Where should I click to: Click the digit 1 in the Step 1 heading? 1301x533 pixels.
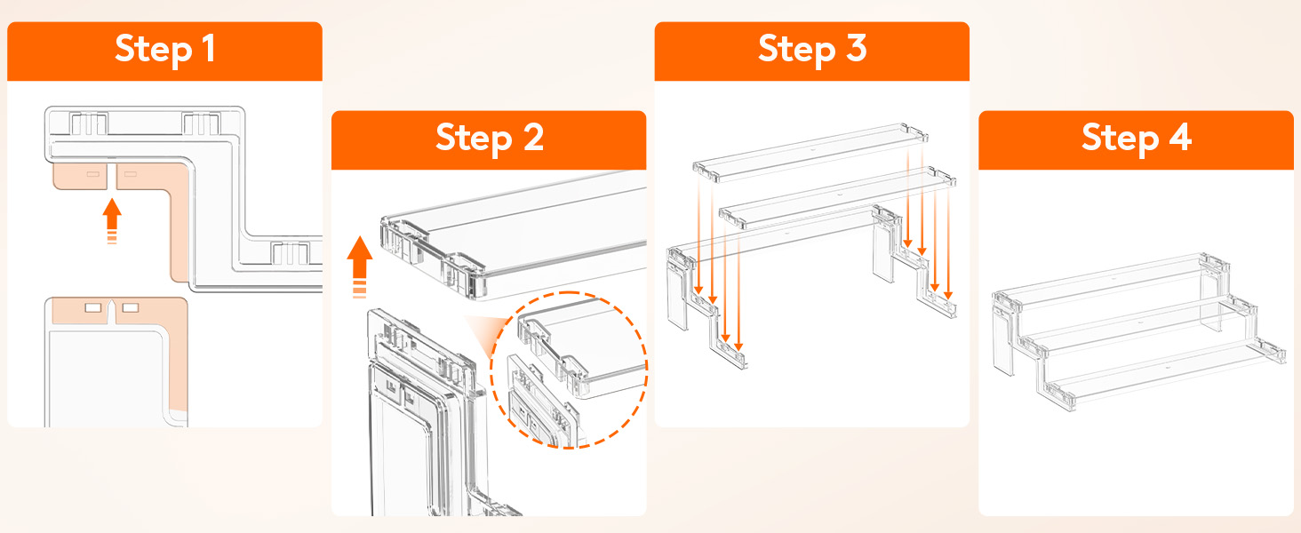210,48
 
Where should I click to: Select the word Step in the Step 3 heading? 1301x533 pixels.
796,50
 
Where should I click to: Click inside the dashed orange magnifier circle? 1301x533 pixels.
569,370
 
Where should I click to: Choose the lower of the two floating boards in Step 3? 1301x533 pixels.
837,197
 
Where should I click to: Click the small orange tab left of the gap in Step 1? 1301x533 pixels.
80,177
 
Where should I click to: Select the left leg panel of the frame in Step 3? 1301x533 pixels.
678,289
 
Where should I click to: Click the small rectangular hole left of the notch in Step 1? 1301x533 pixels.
93,307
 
